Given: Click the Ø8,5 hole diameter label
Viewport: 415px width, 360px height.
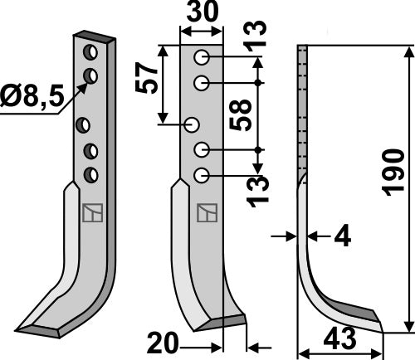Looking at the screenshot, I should [31, 97].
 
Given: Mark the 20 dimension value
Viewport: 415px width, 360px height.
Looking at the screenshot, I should [164, 340].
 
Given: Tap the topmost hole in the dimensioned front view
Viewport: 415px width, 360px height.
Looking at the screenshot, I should [202, 59].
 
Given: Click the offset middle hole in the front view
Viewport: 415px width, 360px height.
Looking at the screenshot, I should [192, 125].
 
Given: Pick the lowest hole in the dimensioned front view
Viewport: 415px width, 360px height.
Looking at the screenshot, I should [202, 174].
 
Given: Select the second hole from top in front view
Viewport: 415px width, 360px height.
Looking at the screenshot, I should [202, 83].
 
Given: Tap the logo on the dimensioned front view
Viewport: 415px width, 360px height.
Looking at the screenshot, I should [204, 214].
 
